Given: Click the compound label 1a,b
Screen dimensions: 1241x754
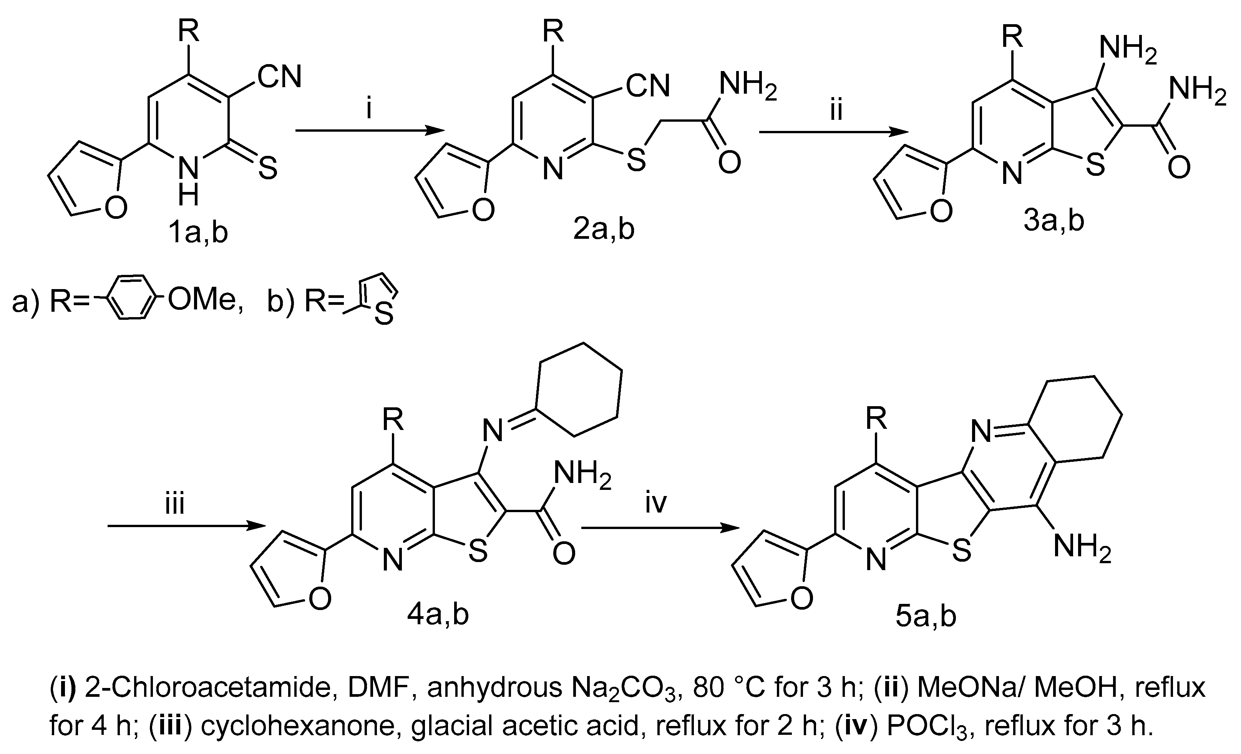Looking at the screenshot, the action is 198,233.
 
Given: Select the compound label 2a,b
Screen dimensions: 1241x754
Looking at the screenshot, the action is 604,230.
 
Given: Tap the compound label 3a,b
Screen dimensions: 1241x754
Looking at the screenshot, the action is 1054,222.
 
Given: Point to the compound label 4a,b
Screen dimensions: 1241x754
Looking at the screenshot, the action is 438,615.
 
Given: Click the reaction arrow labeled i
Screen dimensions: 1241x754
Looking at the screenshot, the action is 370,131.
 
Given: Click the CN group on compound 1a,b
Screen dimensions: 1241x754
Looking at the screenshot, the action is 280,78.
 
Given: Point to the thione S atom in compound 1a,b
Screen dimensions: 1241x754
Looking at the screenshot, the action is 267,169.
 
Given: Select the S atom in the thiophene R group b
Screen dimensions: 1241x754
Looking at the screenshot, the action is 384,315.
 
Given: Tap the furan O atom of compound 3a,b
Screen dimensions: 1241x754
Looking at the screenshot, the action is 941,212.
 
